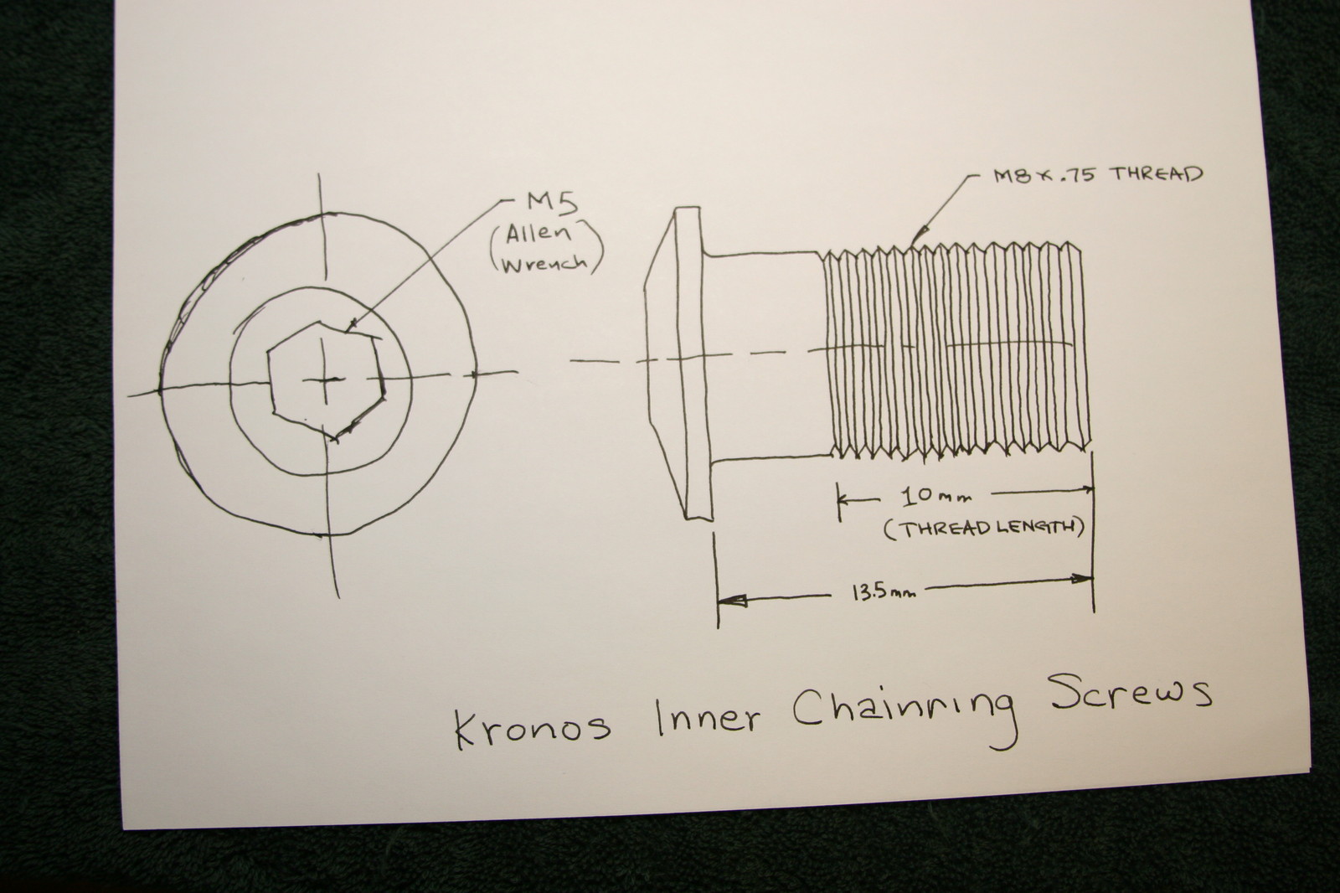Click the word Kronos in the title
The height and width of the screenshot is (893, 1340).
click(x=533, y=727)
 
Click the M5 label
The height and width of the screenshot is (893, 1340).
click(x=552, y=204)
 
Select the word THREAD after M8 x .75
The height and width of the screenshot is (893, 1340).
click(x=1155, y=174)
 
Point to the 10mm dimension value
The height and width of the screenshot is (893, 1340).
click(x=935, y=497)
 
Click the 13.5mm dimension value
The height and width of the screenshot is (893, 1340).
click(x=884, y=594)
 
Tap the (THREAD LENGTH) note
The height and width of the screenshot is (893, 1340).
click(x=983, y=528)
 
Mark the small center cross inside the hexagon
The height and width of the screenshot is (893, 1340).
click(x=323, y=379)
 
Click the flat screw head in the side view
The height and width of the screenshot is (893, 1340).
click(x=678, y=364)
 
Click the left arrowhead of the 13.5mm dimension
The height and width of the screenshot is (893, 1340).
click(x=732, y=601)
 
